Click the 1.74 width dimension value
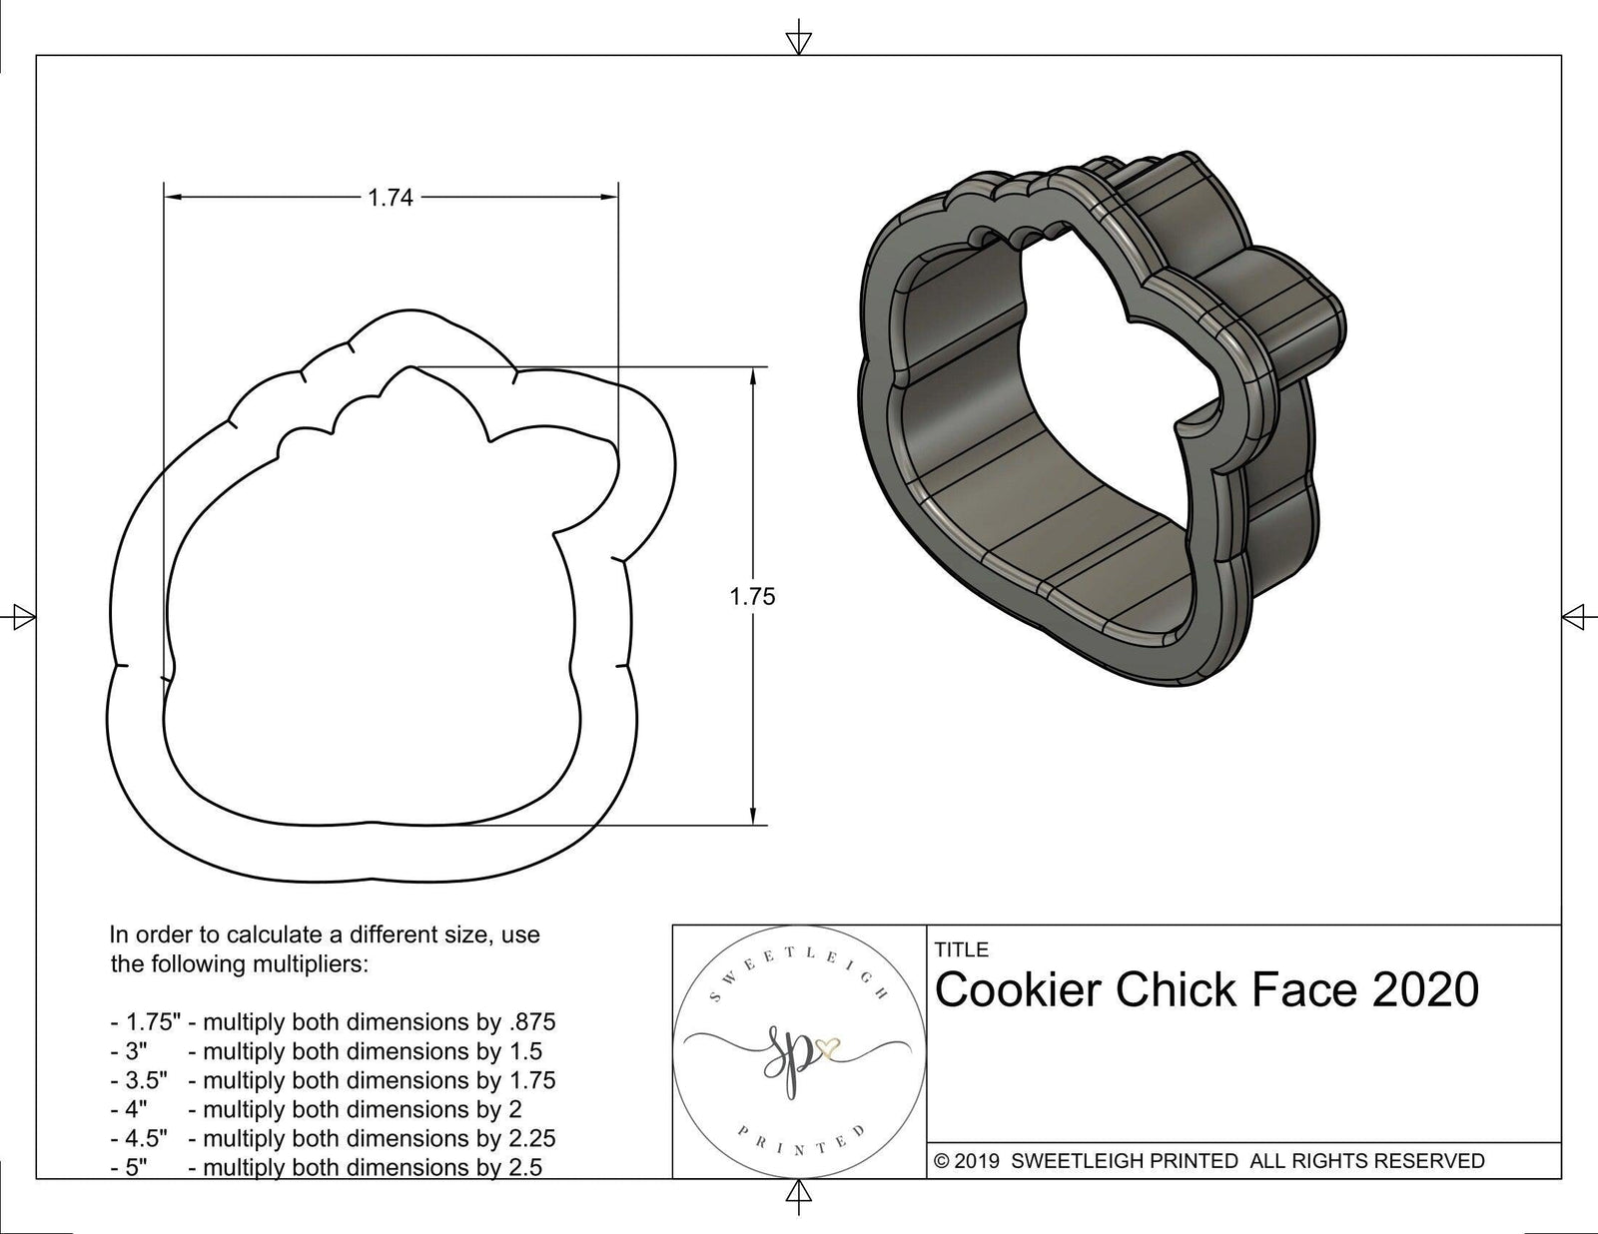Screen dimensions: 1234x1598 (x=390, y=199)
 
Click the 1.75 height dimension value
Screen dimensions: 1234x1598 (x=752, y=597)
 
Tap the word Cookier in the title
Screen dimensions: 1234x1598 (x=1018, y=990)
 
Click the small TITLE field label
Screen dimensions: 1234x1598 (x=961, y=949)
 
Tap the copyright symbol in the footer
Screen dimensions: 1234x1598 (x=940, y=1161)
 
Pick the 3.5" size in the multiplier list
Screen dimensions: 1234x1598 (x=146, y=1080)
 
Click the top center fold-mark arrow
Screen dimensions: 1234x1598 (x=798, y=41)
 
